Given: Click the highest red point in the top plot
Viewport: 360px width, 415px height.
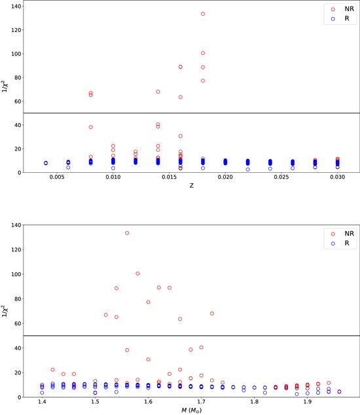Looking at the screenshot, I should point(203,14).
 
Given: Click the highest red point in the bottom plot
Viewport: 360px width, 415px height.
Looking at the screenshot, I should point(127,233).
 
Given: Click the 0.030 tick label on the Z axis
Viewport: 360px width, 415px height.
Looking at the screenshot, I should point(337,178).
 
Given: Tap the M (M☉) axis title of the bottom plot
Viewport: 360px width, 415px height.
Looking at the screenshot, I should point(191,410).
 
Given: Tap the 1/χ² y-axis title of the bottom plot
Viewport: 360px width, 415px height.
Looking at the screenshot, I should point(6,307).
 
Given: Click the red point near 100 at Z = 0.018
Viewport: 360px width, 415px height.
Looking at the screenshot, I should point(203,53).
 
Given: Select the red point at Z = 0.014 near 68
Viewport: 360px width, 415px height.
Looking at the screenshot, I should point(158,92).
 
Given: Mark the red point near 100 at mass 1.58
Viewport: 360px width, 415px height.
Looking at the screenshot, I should point(137,274).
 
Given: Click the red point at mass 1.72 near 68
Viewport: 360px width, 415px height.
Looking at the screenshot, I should point(212,314).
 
